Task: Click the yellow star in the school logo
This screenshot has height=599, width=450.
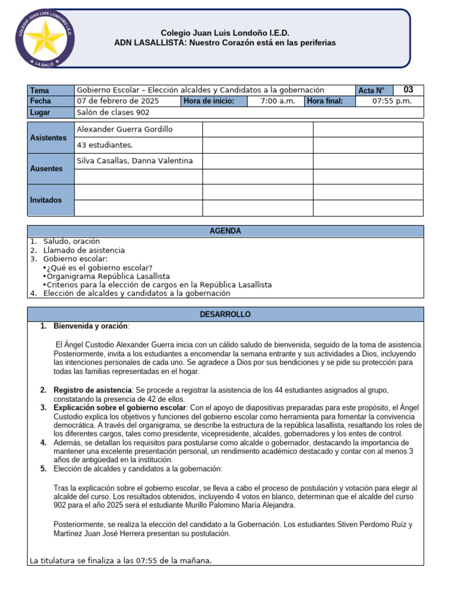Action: click(42, 39)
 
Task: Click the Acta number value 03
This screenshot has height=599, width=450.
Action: click(408, 89)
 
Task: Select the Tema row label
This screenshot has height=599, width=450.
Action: click(40, 90)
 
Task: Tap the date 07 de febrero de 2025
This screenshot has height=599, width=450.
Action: click(118, 101)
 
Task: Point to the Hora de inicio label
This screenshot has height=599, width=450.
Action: click(209, 101)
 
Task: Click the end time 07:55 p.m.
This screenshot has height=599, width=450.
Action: click(392, 101)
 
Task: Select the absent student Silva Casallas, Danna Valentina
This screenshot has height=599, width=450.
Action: click(135, 161)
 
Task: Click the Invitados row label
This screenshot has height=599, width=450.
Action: click(46, 200)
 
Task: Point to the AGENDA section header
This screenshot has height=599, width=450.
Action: click(225, 231)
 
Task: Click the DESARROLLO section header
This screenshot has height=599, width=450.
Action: click(225, 314)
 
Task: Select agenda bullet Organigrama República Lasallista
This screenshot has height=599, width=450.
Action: click(108, 276)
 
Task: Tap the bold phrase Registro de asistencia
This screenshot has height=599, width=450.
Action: click(92, 390)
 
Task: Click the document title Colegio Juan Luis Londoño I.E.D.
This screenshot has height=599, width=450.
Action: click(225, 33)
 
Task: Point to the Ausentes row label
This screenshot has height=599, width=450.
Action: click(46, 168)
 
